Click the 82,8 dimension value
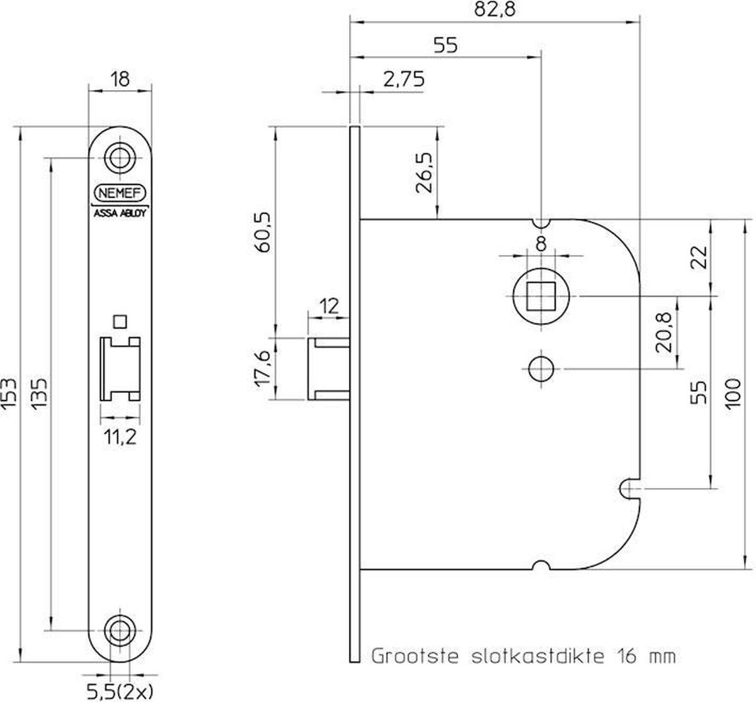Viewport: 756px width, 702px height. [x=495, y=9]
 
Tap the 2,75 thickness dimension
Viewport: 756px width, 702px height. [x=404, y=79]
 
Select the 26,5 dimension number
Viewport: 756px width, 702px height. [x=424, y=173]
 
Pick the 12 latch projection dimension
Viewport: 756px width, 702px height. [x=329, y=306]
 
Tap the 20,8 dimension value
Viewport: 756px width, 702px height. [x=663, y=332]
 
